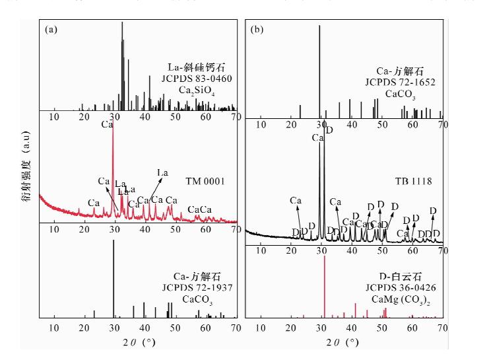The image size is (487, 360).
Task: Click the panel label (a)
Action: click(x=51, y=30)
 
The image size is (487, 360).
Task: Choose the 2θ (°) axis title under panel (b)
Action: click(x=344, y=342)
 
